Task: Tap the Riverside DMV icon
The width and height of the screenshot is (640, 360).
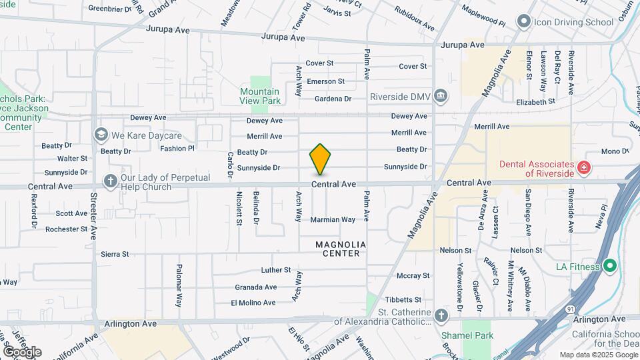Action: tap(440, 97)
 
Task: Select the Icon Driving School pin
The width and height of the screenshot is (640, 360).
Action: tap(523, 22)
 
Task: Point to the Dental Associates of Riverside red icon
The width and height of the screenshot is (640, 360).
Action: tap(584, 167)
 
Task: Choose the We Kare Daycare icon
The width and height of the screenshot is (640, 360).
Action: tap(101, 135)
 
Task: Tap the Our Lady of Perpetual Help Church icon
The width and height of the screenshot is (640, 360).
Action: tap(111, 181)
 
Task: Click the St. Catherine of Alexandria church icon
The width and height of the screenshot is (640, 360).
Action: tap(440, 315)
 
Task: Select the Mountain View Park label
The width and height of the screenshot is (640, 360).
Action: tap(259, 96)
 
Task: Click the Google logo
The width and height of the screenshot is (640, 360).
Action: tap(22, 351)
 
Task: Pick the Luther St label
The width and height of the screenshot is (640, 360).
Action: tap(276, 271)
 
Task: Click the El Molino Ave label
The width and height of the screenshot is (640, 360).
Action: tap(253, 303)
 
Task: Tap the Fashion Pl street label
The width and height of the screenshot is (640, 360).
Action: tap(177, 149)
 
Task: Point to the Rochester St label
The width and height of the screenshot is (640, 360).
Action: tap(66, 229)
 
